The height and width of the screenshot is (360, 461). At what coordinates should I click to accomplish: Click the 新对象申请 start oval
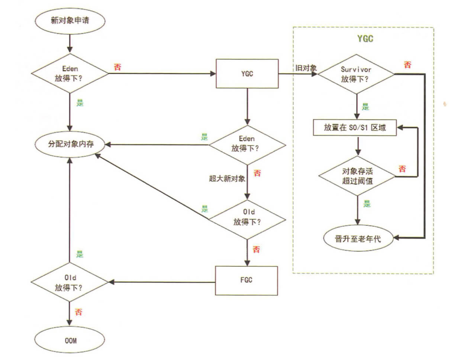[x=70, y=20]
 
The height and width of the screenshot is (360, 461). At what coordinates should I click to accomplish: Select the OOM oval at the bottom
[x=70, y=340]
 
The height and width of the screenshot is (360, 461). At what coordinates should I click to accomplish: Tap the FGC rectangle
[x=246, y=280]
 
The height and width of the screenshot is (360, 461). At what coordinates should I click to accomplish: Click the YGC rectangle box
[x=247, y=74]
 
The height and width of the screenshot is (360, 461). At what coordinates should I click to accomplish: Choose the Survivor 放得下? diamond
[x=356, y=74]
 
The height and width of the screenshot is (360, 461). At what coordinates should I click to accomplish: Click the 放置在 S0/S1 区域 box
[x=355, y=128]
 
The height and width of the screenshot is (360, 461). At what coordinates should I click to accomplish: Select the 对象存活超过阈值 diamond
[x=357, y=176]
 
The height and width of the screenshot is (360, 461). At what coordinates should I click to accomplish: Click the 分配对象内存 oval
[x=70, y=144]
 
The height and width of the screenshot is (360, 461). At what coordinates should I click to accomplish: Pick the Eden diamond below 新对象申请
[x=70, y=74]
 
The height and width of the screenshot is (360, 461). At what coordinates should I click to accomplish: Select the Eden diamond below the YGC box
[x=246, y=143]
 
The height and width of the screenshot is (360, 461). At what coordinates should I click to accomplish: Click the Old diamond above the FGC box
[x=247, y=217]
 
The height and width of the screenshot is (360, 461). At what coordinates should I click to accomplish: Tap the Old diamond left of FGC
[x=70, y=283]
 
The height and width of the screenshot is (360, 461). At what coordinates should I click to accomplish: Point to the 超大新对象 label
[x=227, y=179]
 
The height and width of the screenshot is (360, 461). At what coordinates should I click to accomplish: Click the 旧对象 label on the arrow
[x=306, y=68]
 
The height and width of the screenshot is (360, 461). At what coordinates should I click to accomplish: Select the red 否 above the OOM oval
[x=78, y=312]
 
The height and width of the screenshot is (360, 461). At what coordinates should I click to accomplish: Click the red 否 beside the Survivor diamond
[x=407, y=65]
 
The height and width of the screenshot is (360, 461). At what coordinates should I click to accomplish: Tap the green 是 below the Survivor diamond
[x=365, y=107]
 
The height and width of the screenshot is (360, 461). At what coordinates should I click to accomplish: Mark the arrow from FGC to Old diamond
[x=162, y=282]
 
